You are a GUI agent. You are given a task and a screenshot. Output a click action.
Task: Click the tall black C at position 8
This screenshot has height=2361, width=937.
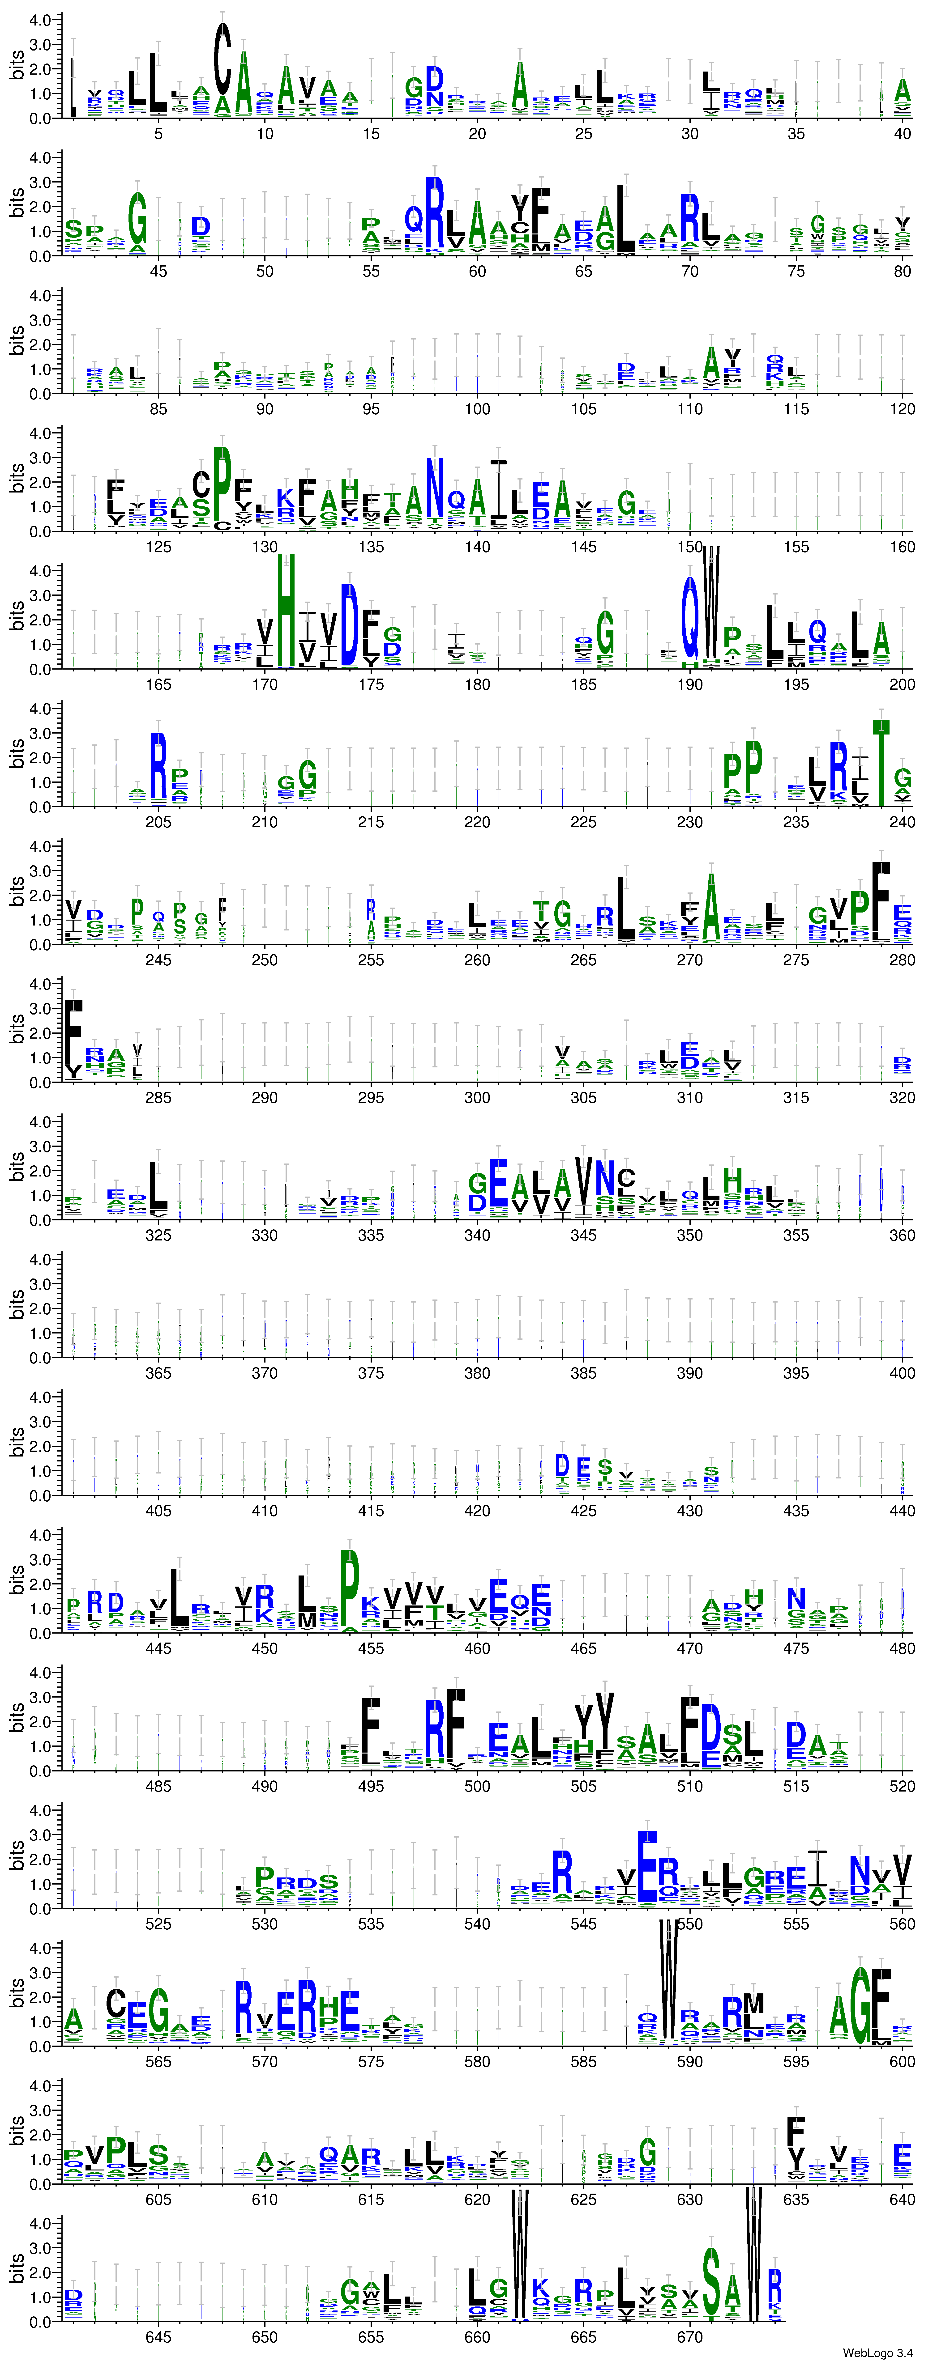(222, 57)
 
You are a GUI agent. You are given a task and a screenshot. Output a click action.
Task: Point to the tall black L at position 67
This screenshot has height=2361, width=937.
(625, 218)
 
